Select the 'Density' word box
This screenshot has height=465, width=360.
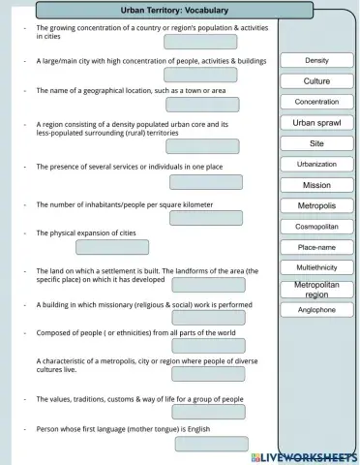(x=316, y=61)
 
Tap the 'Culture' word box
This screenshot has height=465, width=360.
(x=316, y=81)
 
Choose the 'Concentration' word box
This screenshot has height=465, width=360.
(x=316, y=102)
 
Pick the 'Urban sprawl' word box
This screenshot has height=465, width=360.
(x=316, y=123)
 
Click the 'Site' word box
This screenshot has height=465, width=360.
(x=316, y=143)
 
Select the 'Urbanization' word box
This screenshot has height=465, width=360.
(x=316, y=165)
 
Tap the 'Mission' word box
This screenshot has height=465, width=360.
(x=316, y=185)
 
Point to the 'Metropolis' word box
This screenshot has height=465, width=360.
(x=316, y=205)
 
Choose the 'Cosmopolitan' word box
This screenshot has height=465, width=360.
(x=316, y=227)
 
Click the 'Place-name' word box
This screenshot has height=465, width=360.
(x=316, y=247)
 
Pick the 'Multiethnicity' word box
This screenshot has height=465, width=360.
(x=316, y=267)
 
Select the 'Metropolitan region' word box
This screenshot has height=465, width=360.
(x=316, y=289)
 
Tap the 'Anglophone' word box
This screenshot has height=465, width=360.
(x=316, y=310)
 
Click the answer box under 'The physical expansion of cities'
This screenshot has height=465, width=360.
(x=112, y=247)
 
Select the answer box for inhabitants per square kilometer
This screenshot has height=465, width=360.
(x=205, y=217)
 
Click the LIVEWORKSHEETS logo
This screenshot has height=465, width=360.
(x=303, y=455)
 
